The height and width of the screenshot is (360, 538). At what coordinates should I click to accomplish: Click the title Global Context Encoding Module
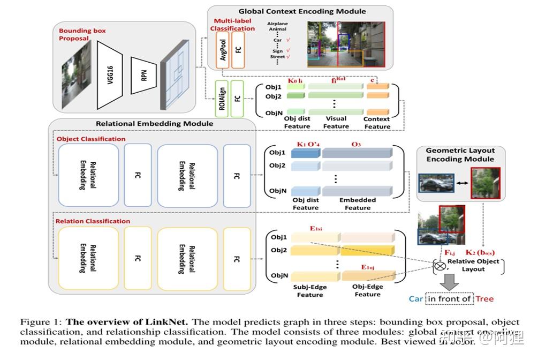click(x=302, y=11)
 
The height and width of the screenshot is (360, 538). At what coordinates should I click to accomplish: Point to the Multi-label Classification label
click(x=232, y=25)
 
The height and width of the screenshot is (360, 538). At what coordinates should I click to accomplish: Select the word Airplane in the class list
click(x=278, y=23)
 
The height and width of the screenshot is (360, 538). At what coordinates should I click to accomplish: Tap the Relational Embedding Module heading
click(x=154, y=123)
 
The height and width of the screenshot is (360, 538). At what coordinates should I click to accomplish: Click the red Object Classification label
click(x=91, y=139)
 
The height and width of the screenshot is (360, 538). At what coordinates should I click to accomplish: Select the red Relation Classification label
click(x=93, y=221)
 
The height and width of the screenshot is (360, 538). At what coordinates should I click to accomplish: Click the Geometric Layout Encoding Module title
click(x=460, y=155)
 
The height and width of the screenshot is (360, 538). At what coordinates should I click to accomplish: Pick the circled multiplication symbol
click(x=441, y=265)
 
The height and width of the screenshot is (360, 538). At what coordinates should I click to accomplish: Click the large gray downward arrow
click(x=449, y=282)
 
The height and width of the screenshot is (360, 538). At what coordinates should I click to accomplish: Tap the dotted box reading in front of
click(x=450, y=299)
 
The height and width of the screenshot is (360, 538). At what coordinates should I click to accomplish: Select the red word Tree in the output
click(x=485, y=299)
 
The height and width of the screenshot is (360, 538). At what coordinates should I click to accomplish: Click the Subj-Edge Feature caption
click(x=310, y=291)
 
